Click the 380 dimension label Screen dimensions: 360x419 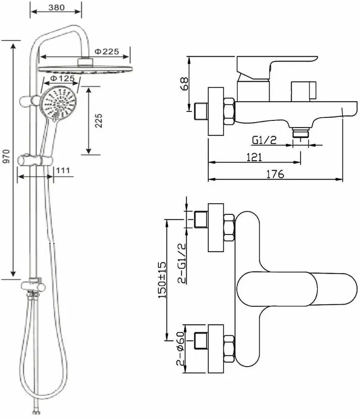56,7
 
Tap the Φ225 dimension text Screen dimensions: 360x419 107,51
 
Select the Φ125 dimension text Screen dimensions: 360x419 62,78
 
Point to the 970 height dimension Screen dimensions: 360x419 6,156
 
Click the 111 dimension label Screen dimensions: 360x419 63,170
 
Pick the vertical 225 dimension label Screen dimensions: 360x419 99,120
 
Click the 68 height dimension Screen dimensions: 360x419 184,84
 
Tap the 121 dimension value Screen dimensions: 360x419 254,157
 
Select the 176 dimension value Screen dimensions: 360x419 275,174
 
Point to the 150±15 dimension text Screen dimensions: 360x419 162,280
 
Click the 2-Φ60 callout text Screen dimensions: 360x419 180,348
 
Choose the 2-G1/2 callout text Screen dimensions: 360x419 182,263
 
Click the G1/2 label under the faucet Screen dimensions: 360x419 264,140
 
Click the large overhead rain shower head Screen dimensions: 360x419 86,68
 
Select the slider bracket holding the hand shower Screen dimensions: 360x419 35,160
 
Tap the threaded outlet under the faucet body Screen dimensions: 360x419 300,133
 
